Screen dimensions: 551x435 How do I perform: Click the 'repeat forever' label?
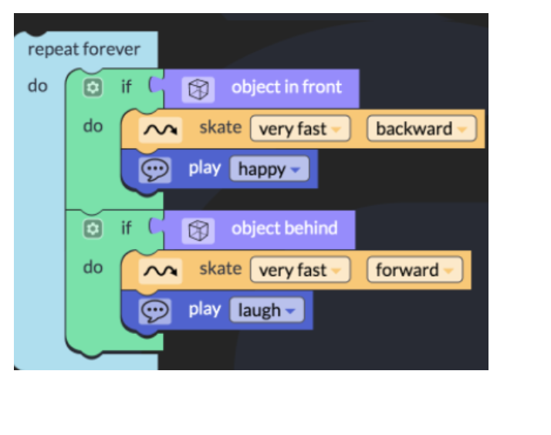tap(84, 49)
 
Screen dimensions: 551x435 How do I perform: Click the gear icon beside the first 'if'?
tap(93, 87)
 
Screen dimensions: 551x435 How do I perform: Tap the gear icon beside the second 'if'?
tap(93, 229)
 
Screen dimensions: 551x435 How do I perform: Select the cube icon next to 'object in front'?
tap(198, 89)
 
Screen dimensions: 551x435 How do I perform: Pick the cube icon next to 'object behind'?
tap(198, 231)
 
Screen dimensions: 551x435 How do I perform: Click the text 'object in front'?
tap(286, 87)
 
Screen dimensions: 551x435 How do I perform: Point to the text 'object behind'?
tap(284, 228)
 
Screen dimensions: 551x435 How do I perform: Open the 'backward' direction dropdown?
tap(421, 129)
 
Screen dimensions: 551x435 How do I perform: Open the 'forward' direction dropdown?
tap(414, 270)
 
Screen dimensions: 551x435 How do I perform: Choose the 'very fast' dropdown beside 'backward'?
tap(300, 129)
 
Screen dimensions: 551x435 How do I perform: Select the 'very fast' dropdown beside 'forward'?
tap(300, 270)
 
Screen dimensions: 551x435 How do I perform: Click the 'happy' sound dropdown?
tap(269, 169)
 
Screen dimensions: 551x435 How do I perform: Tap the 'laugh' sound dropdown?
tap(267, 310)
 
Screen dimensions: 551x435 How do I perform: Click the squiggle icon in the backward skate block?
tap(161, 130)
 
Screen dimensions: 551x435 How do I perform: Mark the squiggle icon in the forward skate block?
tap(161, 271)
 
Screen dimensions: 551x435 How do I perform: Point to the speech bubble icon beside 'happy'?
tap(155, 170)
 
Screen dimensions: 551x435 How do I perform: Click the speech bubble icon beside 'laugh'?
tap(155, 311)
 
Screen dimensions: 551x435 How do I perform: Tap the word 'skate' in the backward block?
tap(221, 127)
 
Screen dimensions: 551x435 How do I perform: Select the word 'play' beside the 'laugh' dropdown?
tap(205, 309)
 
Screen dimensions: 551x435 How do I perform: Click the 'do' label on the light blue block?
tap(38, 86)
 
